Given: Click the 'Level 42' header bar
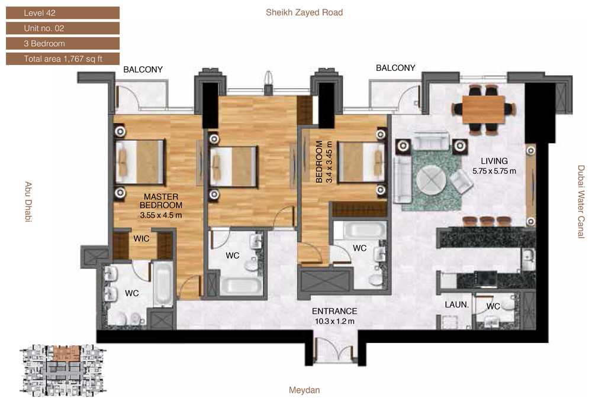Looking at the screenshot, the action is point(63,13).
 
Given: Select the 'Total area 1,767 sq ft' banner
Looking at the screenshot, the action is point(63,59).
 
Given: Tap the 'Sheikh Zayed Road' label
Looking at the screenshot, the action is point(304,12).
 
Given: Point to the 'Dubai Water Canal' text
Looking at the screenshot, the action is point(581,202).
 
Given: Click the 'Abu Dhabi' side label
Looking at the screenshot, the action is point(28,202).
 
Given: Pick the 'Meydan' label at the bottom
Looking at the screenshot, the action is point(304,390).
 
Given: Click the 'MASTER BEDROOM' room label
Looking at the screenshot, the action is point(161,201).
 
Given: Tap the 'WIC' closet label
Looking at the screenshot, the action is point(141,238).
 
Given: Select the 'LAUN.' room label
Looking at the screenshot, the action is point(456,305).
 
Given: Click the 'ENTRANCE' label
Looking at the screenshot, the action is point(334,311).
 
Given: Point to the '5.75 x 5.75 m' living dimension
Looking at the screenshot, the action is point(494,171).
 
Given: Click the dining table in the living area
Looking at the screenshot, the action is point(484,109).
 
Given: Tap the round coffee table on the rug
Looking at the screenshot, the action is point(432,181).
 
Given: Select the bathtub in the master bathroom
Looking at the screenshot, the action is point(164,284).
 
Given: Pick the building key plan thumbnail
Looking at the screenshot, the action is point(63,370).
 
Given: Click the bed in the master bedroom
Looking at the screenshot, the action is point(140,162).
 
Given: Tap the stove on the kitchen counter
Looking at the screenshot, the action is point(485,279).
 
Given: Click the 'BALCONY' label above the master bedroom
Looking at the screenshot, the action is point(143,69).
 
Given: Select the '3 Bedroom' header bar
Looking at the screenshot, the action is point(63,43).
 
